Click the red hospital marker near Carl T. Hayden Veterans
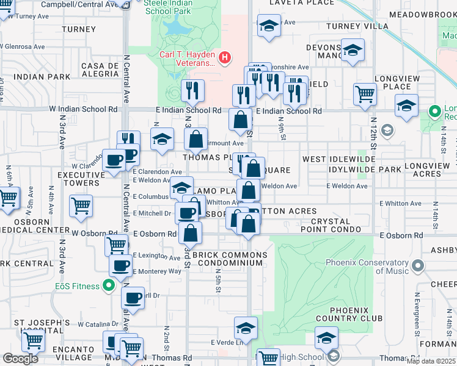coord(225,58)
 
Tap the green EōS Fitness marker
coord(108,285)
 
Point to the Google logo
coord(20,359)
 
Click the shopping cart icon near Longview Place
coord(365,94)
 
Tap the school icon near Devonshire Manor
coord(353,51)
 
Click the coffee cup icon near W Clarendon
coord(114,161)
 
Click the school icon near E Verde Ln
coord(246,329)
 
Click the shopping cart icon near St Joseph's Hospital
coord(32,340)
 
